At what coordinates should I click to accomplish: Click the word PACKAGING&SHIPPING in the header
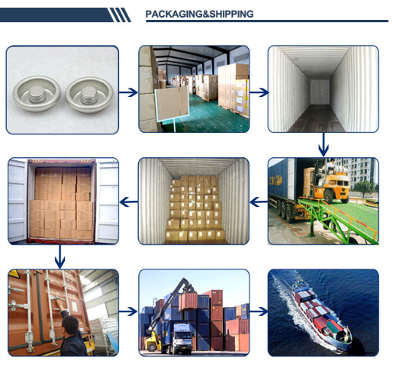pyautogui.click(x=199, y=14)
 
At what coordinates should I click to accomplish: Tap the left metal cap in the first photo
pyautogui.click(x=37, y=93)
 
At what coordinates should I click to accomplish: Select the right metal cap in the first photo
pyautogui.click(x=89, y=94)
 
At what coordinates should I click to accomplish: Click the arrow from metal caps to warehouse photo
pyautogui.click(x=128, y=92)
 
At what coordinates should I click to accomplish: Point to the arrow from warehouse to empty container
pyautogui.click(x=259, y=92)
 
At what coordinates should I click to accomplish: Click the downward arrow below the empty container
pyautogui.click(x=324, y=144)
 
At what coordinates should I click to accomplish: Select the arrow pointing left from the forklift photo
pyautogui.click(x=259, y=202)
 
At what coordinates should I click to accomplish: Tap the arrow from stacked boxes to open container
pyautogui.click(x=129, y=202)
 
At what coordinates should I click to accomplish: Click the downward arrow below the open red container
pyautogui.click(x=60, y=256)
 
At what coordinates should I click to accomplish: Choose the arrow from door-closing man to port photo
pyautogui.click(x=128, y=311)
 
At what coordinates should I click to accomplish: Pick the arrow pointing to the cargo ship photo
pyautogui.click(x=259, y=311)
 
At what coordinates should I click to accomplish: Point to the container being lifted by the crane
pyautogui.click(x=188, y=301)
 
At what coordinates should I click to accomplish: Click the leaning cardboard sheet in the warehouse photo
pyautogui.click(x=172, y=105)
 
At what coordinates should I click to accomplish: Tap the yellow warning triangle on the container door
pyautogui.click(x=14, y=274)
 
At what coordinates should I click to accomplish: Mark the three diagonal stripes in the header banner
pyautogui.click(x=120, y=15)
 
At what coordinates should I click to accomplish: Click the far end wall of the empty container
pyautogui.click(x=320, y=92)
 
